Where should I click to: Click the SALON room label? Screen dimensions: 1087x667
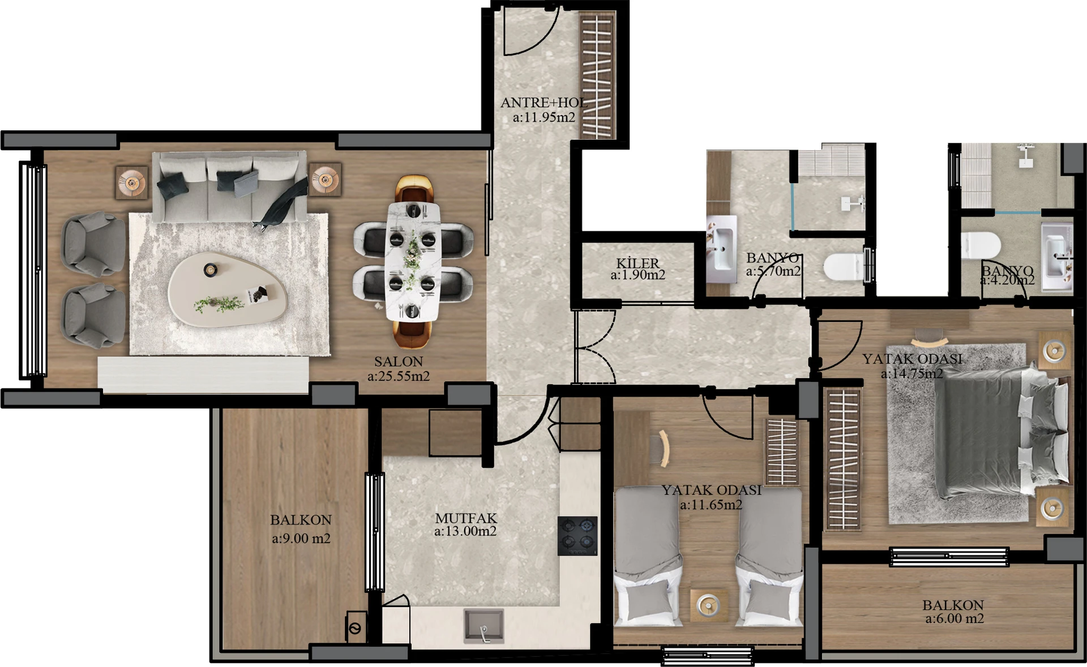click(x=399, y=361)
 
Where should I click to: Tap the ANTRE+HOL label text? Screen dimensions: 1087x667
click(x=543, y=102)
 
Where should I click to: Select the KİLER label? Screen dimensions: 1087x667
click(x=637, y=263)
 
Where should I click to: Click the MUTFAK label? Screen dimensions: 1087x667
click(x=466, y=518)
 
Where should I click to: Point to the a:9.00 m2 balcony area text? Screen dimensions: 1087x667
click(x=301, y=539)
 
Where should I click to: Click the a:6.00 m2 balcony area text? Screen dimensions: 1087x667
click(x=955, y=619)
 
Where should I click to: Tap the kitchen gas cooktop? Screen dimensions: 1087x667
click(x=577, y=536)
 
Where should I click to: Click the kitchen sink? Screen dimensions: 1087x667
click(x=483, y=626)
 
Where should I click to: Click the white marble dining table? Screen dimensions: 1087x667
click(x=413, y=261)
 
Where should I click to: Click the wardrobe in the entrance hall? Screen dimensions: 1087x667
click(x=597, y=76)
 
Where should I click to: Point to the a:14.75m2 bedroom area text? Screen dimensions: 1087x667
click(x=911, y=373)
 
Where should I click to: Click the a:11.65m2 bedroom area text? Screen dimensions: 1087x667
click(x=711, y=505)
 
